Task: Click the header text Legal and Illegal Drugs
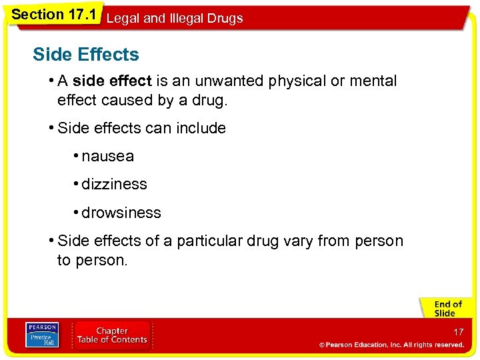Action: coord(174,19)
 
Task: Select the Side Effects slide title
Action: coord(86,55)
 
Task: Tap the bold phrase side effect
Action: coord(112,81)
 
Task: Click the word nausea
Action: coord(107,157)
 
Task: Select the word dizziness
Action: coord(114,185)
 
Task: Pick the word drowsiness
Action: coord(121,213)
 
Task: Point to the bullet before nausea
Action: coord(77,156)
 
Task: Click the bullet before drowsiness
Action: coord(77,213)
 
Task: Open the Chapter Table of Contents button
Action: coord(112,335)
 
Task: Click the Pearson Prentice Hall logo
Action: coord(42,335)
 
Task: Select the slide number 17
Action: coord(458,331)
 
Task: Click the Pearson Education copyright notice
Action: coord(391,345)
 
